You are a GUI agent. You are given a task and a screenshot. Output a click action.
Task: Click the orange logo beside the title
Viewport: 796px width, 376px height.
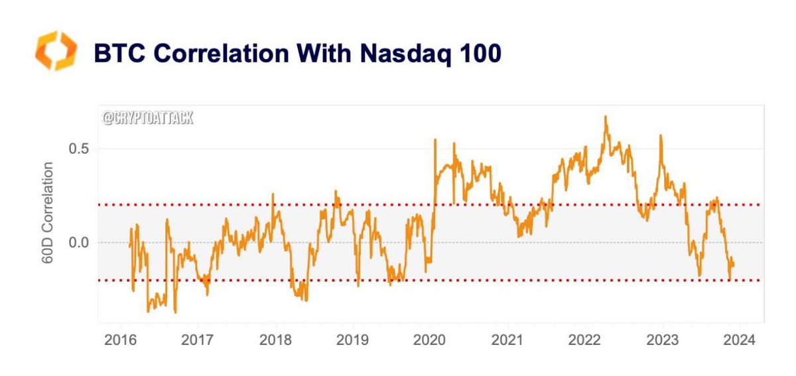point(56,50)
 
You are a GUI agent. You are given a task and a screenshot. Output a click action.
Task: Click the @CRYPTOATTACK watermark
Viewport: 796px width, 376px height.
point(148,119)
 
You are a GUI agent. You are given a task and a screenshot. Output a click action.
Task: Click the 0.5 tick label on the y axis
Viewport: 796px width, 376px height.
point(78,149)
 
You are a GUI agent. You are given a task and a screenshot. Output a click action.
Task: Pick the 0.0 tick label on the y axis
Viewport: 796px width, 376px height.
point(78,243)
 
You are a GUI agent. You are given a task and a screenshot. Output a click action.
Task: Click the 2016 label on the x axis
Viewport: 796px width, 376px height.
point(120,341)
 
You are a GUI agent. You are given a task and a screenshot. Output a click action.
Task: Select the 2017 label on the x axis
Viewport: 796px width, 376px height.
point(197,341)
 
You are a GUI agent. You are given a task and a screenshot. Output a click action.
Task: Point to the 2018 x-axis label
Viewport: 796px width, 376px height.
point(275,341)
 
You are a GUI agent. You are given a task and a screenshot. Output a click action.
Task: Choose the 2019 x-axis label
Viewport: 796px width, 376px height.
point(352,341)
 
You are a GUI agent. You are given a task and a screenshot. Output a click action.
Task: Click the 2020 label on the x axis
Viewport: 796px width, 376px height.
point(430,341)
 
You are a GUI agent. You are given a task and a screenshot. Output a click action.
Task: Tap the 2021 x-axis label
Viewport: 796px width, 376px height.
point(507,341)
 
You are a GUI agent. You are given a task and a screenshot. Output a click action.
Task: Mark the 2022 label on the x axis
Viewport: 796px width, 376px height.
point(585,341)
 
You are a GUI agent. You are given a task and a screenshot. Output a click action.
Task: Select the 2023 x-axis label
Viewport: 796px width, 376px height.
point(663,341)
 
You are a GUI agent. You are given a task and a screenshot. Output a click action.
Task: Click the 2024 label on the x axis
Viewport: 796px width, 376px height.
point(740,341)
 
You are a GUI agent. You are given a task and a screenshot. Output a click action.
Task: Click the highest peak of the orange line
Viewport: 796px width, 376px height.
point(606,117)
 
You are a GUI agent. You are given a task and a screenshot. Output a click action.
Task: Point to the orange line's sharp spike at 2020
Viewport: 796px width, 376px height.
point(435,139)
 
